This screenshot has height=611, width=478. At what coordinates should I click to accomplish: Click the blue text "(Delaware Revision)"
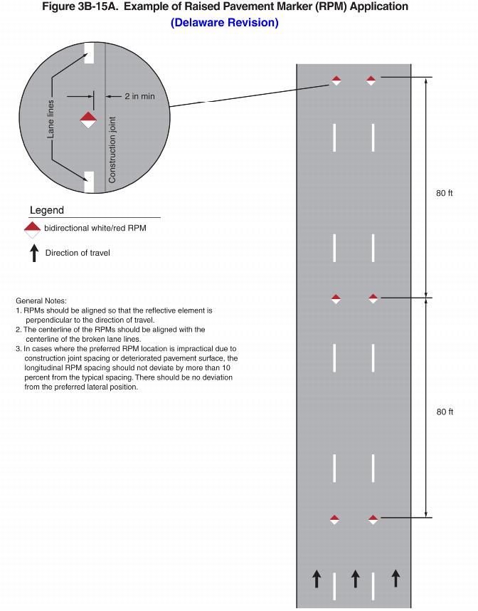point(225,23)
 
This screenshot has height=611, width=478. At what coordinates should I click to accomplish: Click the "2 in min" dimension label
point(139,96)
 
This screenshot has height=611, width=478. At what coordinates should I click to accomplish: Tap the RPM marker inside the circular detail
point(87,119)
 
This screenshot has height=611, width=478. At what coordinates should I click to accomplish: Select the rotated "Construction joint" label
point(112,150)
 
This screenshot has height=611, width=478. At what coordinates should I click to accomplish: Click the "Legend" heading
point(47,210)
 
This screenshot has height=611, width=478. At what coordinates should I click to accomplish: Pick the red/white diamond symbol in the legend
point(32,229)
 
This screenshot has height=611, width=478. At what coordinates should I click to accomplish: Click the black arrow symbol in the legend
point(33,253)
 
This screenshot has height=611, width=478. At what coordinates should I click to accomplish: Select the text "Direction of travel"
point(78,253)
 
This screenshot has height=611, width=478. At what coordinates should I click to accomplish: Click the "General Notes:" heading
point(41,301)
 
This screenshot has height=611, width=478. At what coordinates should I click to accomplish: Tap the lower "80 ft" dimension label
point(445,412)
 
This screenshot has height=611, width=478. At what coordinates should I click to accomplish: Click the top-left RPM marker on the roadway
point(336,80)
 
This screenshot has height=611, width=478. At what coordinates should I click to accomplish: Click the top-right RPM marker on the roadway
point(371,80)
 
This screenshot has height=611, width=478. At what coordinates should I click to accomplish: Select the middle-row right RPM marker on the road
point(373,299)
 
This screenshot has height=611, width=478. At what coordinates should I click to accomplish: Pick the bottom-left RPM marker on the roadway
point(335,520)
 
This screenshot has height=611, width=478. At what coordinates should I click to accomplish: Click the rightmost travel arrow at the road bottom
point(395,578)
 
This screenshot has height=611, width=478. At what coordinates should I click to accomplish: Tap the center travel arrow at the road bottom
point(356,578)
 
